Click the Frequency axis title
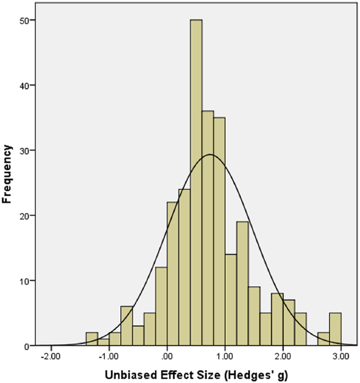click(x=8, y=174)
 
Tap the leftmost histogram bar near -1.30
click(x=91, y=339)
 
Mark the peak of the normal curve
click(x=210, y=154)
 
